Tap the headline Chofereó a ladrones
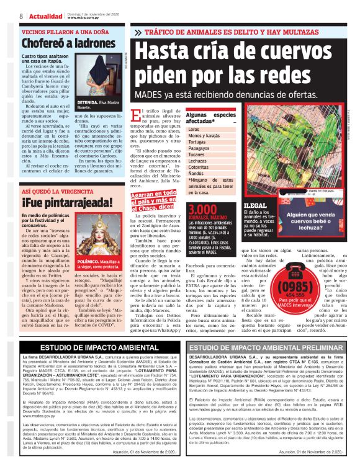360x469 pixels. [59, 44]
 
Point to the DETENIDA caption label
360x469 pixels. [88, 102]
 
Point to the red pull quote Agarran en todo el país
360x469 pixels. [153, 200]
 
